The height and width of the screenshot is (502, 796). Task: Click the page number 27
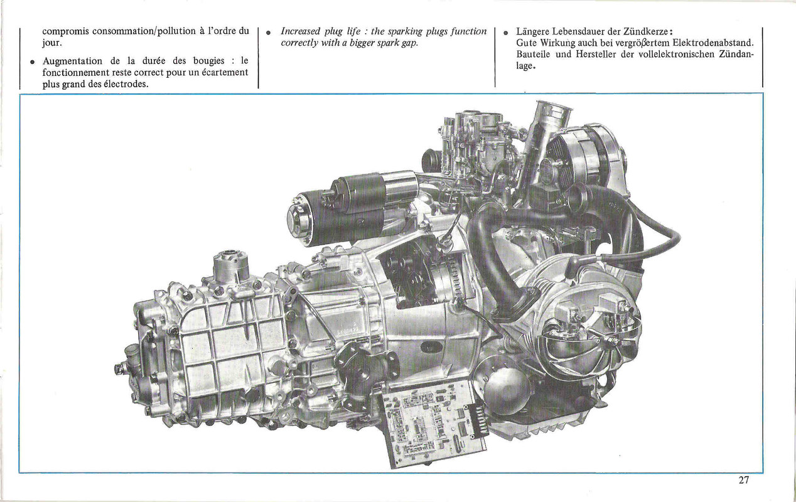click(744, 480)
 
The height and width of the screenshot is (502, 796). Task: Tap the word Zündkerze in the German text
click(646, 31)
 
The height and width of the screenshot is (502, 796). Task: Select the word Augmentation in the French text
click(72, 61)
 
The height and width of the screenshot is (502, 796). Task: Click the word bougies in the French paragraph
click(208, 61)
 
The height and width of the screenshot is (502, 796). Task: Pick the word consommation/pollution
click(144, 31)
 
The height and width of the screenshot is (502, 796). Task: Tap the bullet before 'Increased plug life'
click(269, 33)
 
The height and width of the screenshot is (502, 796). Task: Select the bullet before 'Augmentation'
click(33, 62)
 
